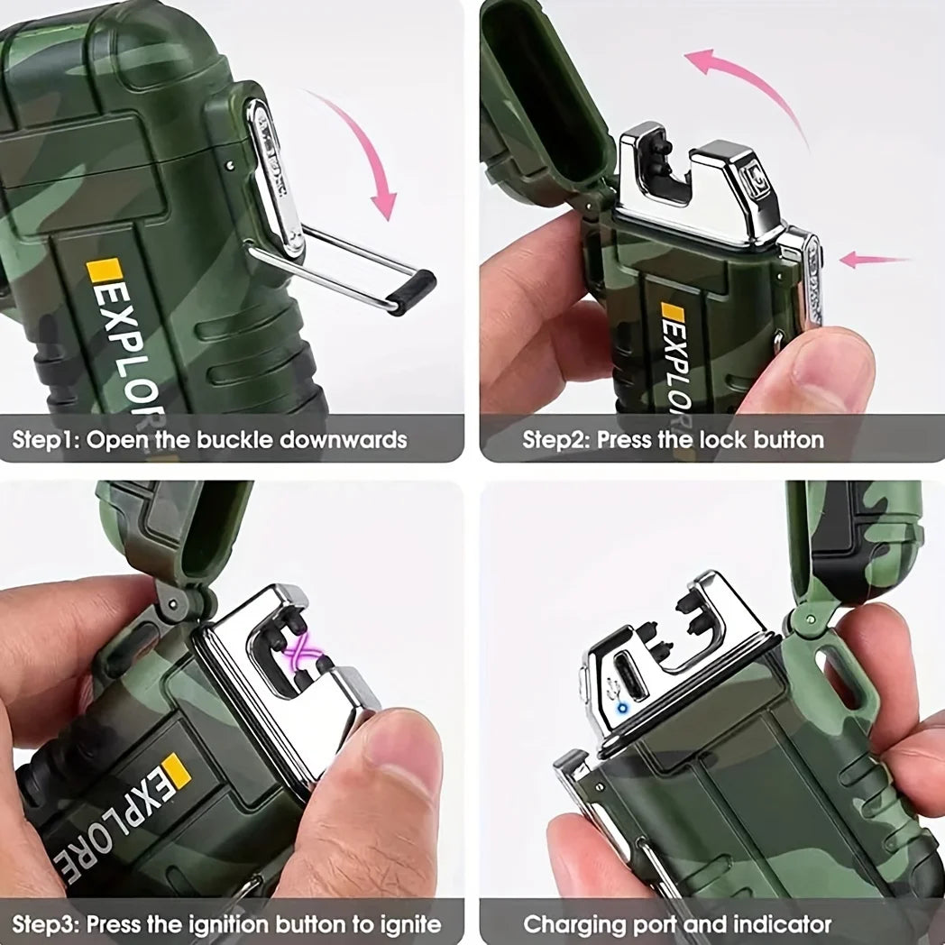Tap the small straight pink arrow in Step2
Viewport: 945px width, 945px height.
[874, 260]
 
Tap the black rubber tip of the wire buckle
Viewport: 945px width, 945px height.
[412, 292]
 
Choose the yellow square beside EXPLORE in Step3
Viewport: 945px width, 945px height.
[175, 770]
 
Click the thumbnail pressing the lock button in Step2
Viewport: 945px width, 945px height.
[830, 362]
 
